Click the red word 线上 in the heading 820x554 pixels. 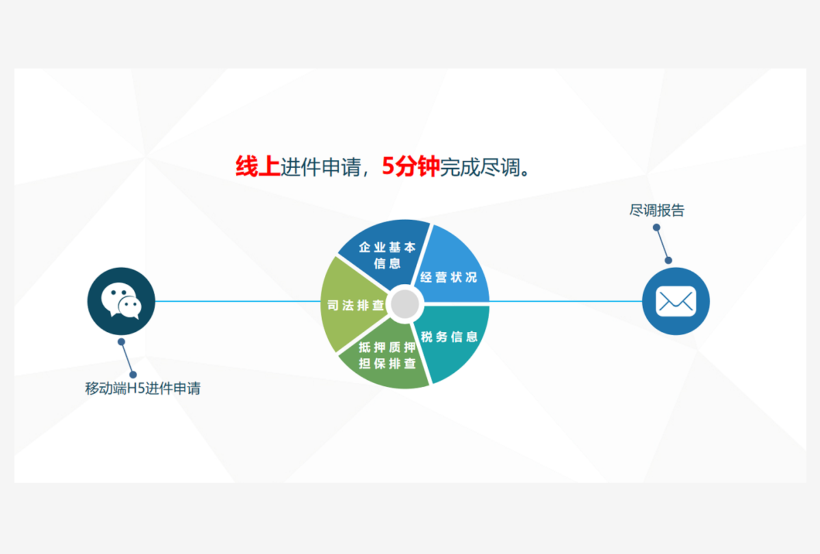257,166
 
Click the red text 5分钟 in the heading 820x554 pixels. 410,166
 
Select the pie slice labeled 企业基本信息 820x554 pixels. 387,254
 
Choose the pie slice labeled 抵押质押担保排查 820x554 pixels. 387,355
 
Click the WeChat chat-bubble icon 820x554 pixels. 121,301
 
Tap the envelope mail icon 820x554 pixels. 676,301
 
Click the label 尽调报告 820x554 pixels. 656,210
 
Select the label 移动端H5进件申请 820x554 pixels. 142,388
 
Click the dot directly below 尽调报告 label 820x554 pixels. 656,227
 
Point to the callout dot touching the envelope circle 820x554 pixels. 668,260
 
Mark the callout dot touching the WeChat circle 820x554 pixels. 121,342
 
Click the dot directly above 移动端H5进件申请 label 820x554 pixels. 133,375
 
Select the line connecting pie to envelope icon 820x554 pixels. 565,301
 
